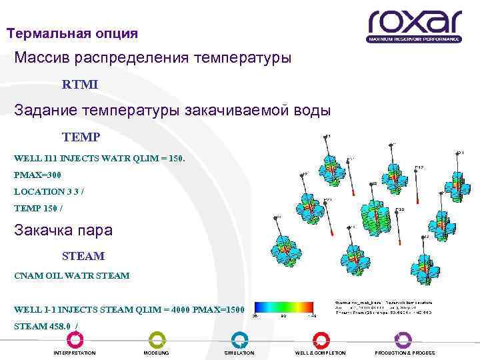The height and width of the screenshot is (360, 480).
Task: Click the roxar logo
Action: pos(413,25)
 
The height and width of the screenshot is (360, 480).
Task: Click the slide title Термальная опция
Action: pos(72,33)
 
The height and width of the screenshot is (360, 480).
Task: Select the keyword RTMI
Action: pos(79,85)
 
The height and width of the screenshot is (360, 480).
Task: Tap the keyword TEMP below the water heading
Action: pos(81,137)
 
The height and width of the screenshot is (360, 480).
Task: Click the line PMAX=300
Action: pos(37,175)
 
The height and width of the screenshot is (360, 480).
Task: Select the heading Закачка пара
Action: pos(63,231)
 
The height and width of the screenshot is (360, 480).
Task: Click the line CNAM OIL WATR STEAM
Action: pos(71,275)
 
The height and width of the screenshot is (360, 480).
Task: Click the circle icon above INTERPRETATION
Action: pos(74,339)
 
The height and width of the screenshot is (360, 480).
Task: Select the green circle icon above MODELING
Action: pos(157,339)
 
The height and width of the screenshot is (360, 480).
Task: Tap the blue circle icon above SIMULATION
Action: pos(239,339)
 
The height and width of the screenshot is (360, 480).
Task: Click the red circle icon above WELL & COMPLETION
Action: pos(320,339)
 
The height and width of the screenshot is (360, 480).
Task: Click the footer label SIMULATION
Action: pos(239,353)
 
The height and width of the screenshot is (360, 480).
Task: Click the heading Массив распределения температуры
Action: pos(153,59)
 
